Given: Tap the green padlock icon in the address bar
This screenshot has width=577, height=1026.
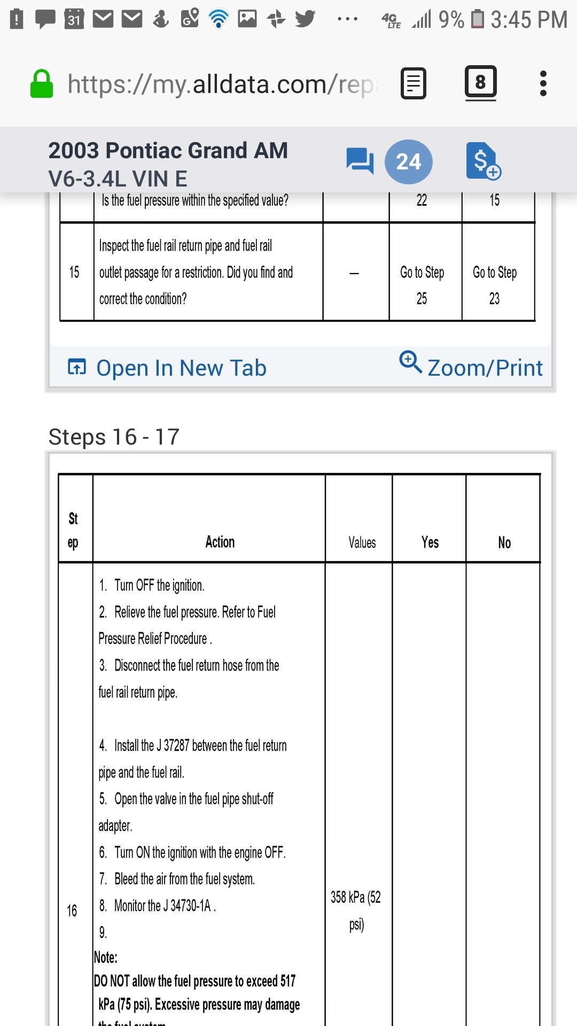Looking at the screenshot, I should pyautogui.click(x=42, y=84).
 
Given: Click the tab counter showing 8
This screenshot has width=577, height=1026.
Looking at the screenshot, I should pyautogui.click(x=480, y=82).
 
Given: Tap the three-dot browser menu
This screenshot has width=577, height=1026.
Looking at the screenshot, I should pyautogui.click(x=543, y=83).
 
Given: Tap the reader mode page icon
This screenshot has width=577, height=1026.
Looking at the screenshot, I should pyautogui.click(x=414, y=83).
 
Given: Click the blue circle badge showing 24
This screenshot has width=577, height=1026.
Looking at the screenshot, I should pyautogui.click(x=409, y=161).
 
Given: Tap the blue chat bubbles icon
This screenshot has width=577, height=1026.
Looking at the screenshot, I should pyautogui.click(x=360, y=161).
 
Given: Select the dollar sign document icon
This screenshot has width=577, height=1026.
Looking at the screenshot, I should pyautogui.click(x=482, y=161).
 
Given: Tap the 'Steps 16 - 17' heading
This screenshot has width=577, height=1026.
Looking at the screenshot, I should pyautogui.click(x=114, y=437).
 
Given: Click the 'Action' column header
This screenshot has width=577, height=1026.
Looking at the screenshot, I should pyautogui.click(x=220, y=542).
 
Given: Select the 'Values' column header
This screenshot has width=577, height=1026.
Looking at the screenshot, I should pyautogui.click(x=362, y=542).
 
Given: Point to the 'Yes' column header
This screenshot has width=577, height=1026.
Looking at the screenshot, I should pyautogui.click(x=430, y=542).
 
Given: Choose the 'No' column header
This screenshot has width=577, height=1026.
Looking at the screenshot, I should pyautogui.click(x=504, y=542).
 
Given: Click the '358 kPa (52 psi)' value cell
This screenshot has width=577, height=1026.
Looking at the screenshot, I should pyautogui.click(x=356, y=910).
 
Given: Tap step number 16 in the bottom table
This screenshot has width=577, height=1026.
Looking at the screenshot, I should pyautogui.click(x=72, y=911).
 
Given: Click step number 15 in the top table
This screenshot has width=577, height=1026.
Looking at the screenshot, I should pyautogui.click(x=74, y=272).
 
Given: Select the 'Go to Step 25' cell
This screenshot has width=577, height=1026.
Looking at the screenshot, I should pyautogui.click(x=422, y=285).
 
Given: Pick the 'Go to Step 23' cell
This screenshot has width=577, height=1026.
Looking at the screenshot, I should pyautogui.click(x=495, y=285).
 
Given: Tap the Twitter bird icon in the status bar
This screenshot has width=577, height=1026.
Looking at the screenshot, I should pyautogui.click(x=305, y=19).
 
